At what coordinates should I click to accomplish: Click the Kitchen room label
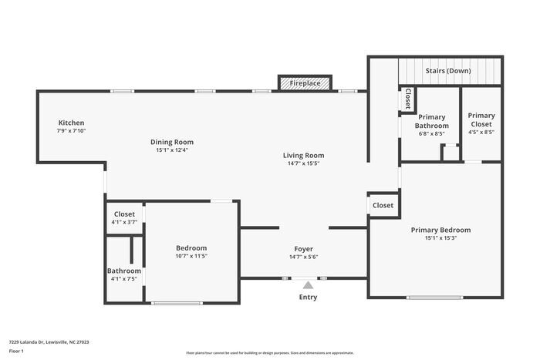[71, 123]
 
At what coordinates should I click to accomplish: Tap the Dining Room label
[172, 142]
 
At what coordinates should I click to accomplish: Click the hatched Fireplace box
[305, 82]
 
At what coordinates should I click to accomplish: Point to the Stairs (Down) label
[448, 70]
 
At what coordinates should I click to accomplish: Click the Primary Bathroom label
[431, 121]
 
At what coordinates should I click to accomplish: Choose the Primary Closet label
[481, 119]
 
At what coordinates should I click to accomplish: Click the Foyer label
[303, 248]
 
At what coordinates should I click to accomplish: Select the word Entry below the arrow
[308, 297]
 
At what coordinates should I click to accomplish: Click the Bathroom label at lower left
[123, 271]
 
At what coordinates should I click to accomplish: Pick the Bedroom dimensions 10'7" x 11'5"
[191, 256]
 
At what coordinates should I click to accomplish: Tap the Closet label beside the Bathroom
[124, 214]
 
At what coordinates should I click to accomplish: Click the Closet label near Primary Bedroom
[383, 205]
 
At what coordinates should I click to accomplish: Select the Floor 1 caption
[16, 351]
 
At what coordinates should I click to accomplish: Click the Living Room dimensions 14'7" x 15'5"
[303, 163]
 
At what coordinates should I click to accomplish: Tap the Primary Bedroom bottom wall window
[435, 298]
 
